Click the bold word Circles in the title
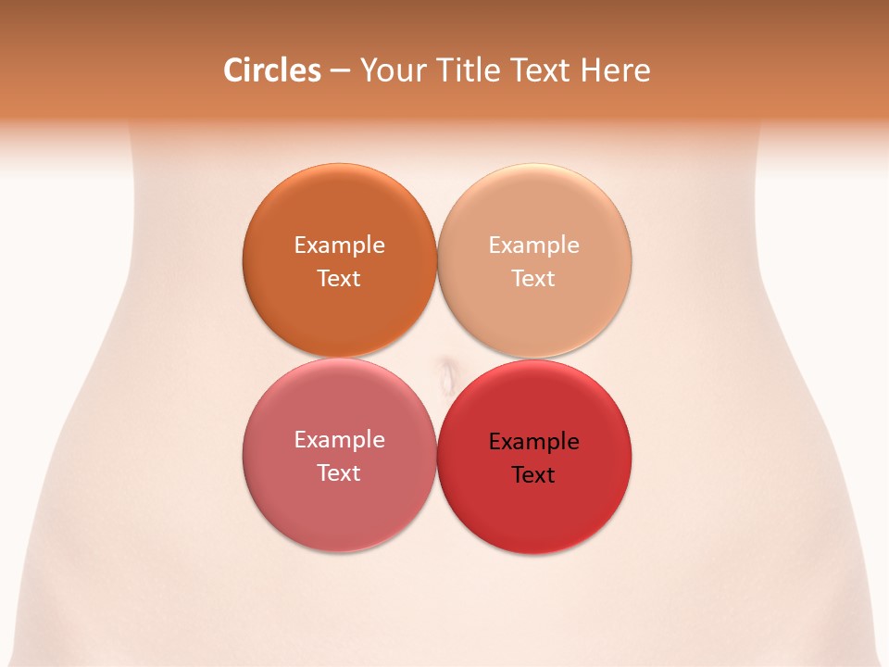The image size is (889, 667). [272, 70]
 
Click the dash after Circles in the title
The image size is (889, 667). [340, 71]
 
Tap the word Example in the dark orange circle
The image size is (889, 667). [339, 245]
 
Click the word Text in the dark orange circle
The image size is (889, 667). [339, 279]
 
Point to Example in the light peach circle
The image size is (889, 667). [534, 245]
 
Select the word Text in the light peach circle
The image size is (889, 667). [534, 279]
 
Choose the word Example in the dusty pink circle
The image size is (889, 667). [339, 440]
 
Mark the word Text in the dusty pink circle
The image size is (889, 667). [339, 473]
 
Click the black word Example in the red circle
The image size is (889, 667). [534, 442]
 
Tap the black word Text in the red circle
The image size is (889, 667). [534, 475]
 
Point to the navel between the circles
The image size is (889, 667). [448, 375]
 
